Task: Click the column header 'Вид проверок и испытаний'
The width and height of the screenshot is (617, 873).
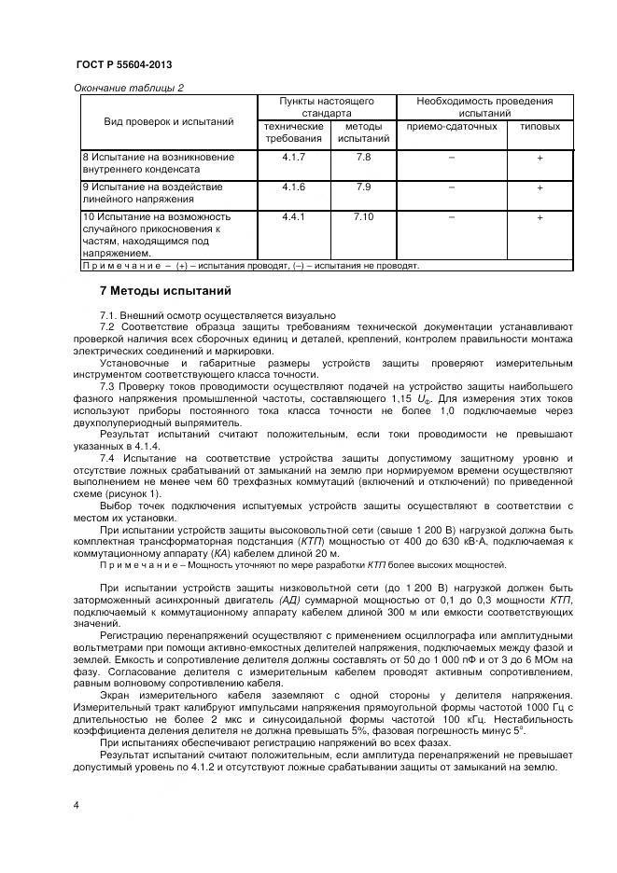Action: (169, 121)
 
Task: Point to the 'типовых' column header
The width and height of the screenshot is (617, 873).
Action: (540, 126)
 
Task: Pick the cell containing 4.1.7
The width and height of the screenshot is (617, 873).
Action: (294, 158)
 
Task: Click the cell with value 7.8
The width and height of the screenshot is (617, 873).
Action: (363, 158)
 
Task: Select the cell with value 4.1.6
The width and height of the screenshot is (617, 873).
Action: (294, 187)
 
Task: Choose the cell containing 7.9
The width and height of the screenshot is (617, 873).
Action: (363, 187)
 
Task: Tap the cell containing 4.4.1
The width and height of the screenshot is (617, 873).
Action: (294, 216)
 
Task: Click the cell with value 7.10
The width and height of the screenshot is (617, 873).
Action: (363, 216)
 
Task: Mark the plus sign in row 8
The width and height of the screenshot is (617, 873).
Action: (540, 159)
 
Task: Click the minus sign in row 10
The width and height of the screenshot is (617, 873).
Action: (451, 217)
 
